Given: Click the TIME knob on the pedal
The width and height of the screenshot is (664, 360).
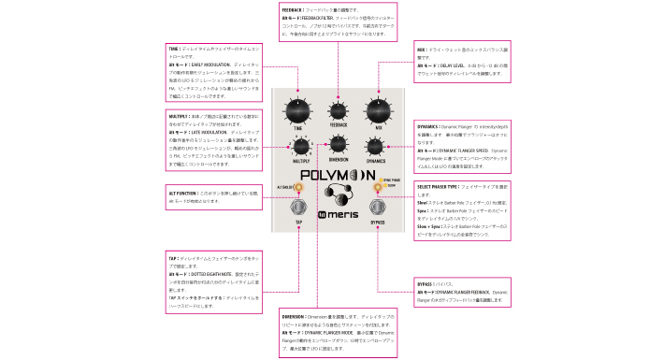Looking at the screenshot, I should [x=297, y=110].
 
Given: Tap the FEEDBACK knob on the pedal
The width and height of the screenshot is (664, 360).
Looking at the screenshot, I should [x=338, y=107].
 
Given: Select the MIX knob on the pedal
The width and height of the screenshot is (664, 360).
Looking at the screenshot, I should [x=377, y=110].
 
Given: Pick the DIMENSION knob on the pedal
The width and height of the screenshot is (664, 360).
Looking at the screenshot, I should [x=338, y=143].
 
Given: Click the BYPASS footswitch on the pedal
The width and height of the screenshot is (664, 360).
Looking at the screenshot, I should [x=377, y=207].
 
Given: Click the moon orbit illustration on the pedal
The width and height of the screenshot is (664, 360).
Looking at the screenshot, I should [x=338, y=194].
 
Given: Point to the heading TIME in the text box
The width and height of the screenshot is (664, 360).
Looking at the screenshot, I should [x=175, y=48].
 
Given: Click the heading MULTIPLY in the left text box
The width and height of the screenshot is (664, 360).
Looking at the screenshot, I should [x=179, y=116].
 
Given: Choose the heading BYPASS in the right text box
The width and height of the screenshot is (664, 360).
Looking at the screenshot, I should [x=426, y=282].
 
